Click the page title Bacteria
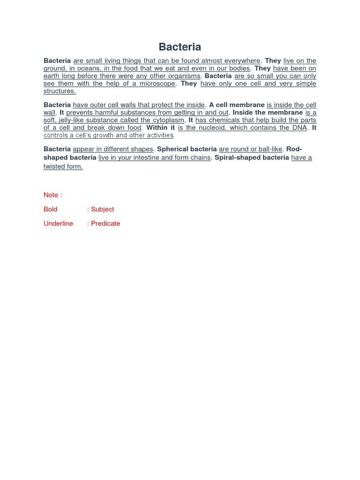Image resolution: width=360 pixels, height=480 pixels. pyautogui.click(x=180, y=47)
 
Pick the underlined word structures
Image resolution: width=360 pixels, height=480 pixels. pyautogui.click(x=60, y=91)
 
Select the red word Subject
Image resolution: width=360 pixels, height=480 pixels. pyautogui.click(x=103, y=209)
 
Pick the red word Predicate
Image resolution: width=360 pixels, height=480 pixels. pyautogui.click(x=105, y=224)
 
